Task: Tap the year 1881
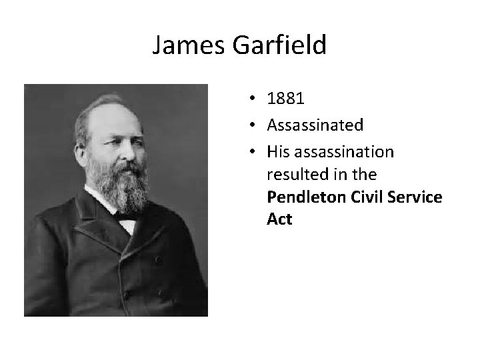[x=285, y=99]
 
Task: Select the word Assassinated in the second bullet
[x=315, y=125]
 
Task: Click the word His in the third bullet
[x=277, y=152]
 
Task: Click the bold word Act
[x=279, y=219]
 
